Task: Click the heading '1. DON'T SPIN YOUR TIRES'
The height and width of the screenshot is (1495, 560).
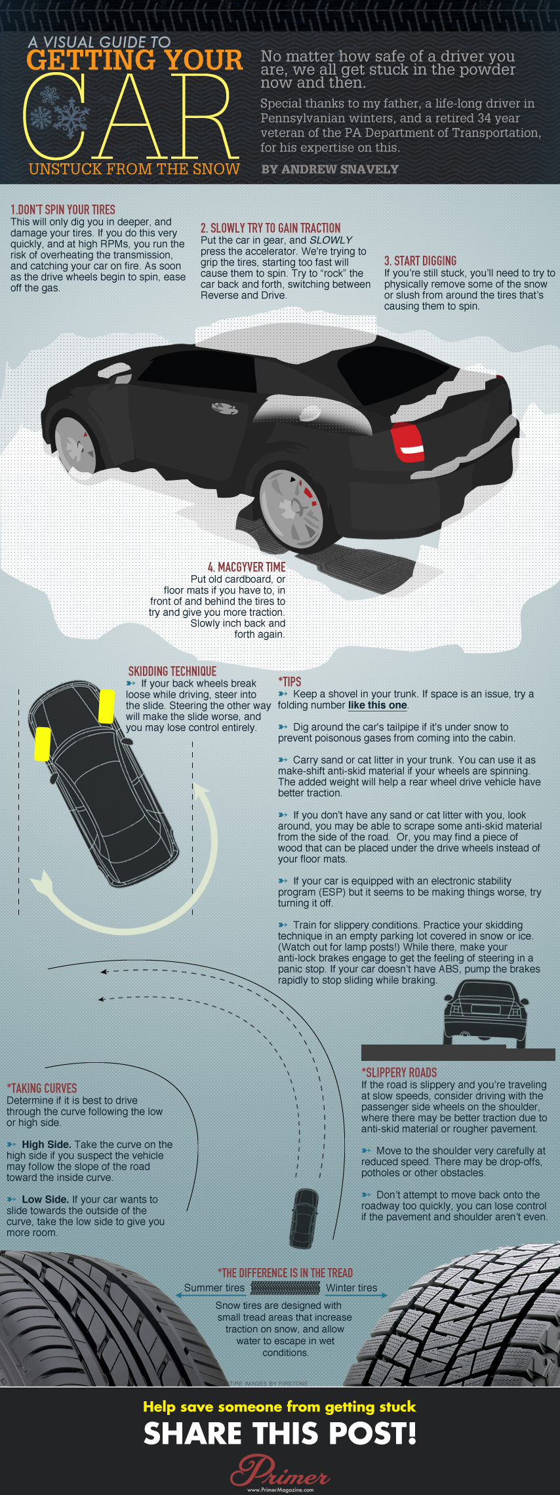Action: point(63,210)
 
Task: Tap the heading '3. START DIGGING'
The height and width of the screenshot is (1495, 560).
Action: point(420,261)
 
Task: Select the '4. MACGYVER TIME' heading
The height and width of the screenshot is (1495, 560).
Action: point(247,567)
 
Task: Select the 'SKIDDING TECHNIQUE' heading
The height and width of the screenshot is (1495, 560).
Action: point(172,671)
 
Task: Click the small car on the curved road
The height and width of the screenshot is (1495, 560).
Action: point(304,1217)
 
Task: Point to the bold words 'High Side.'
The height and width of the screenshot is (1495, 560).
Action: point(47,1144)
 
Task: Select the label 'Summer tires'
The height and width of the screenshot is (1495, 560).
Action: point(214,1288)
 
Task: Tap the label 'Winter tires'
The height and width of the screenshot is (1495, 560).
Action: point(351,1288)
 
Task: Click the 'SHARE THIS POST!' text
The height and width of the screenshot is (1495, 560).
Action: point(280,1434)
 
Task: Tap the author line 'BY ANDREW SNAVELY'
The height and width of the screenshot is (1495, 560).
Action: point(330,169)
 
